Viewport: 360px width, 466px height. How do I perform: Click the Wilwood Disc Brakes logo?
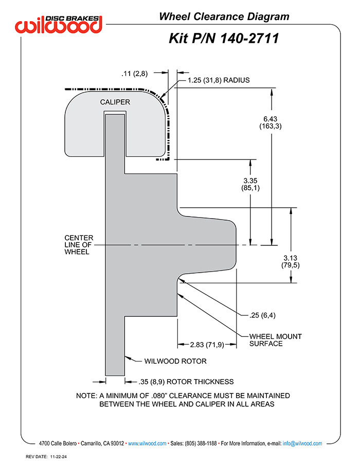point(59,24)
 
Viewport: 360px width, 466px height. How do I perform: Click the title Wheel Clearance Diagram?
point(224,16)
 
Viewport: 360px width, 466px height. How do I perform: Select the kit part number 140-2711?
point(249,39)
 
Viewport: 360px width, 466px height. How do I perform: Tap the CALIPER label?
point(115,102)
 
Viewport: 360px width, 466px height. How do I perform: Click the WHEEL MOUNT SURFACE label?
point(276,340)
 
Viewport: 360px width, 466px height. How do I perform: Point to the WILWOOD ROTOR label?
point(175,361)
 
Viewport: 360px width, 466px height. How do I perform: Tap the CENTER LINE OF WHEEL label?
point(79,245)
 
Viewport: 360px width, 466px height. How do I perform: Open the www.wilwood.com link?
point(147,443)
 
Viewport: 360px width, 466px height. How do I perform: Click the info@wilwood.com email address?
point(302,443)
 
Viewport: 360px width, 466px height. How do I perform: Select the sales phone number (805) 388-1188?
point(201,443)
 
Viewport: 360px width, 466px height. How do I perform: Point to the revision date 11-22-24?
point(58,457)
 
